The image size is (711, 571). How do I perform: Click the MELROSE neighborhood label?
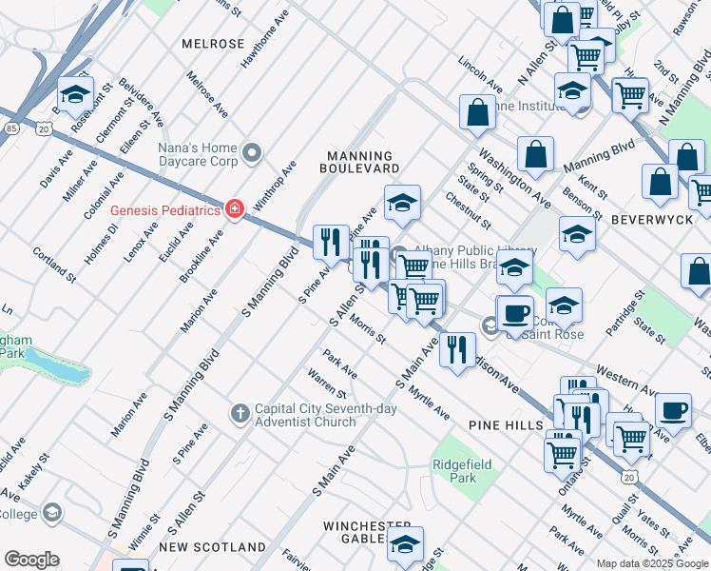tap(213, 45)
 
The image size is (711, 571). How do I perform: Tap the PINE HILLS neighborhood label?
tap(504, 424)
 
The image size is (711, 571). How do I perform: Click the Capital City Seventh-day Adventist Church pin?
tap(240, 412)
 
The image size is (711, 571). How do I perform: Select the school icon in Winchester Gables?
tap(405, 544)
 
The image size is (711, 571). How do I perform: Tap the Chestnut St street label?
tap(468, 210)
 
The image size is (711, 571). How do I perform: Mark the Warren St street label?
tap(327, 384)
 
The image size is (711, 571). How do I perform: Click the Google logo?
tap(31, 559)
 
